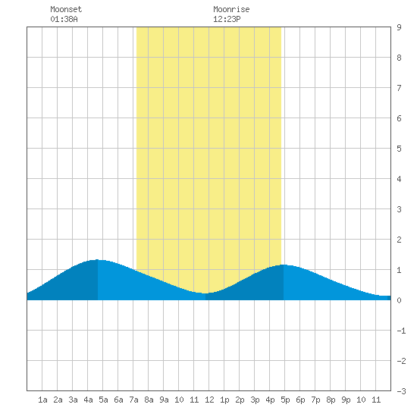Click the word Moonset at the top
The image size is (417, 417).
click(66, 9)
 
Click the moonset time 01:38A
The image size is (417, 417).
click(64, 19)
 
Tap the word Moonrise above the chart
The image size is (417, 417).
click(231, 9)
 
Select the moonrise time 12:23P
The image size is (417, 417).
click(227, 19)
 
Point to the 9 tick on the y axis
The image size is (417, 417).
click(399, 27)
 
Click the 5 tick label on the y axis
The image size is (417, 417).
click(399, 149)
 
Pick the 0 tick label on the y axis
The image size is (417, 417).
click(399, 300)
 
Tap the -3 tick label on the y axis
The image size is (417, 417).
click(401, 391)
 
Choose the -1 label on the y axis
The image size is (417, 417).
click(401, 331)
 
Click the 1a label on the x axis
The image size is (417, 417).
click(42, 400)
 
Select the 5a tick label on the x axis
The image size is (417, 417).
click(103, 400)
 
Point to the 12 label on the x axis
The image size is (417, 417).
click(209, 400)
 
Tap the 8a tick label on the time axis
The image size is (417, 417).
click(149, 400)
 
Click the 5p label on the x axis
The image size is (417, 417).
click(285, 400)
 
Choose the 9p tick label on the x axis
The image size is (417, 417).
click(346, 400)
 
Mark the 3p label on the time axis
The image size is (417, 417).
click(255, 400)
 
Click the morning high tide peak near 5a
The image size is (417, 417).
click(98, 260)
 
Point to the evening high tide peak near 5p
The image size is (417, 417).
click(284, 265)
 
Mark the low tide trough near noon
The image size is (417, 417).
click(205, 293)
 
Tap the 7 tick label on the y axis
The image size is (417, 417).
click(399, 88)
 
